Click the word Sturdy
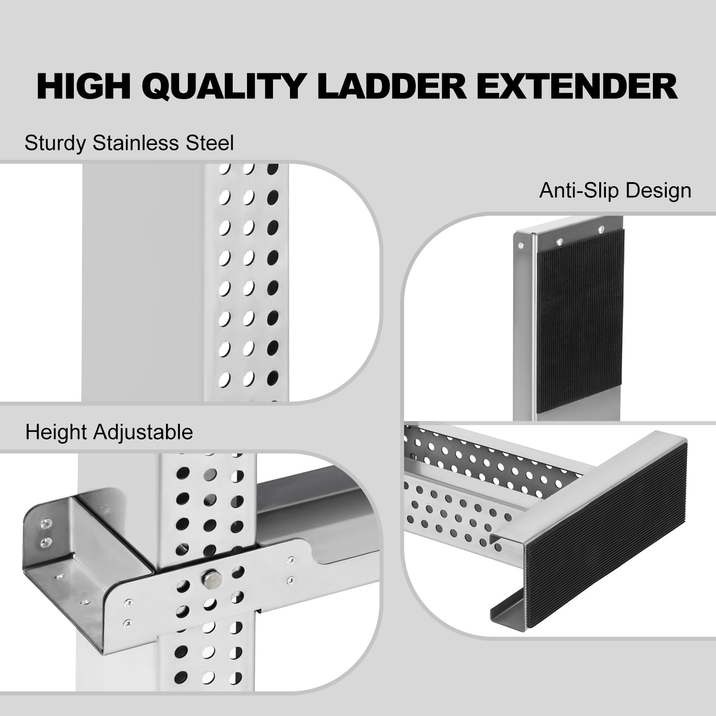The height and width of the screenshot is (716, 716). (55, 144)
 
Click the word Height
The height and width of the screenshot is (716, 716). (56, 432)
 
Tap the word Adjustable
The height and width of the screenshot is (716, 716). (143, 432)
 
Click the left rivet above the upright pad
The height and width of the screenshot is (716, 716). (559, 242)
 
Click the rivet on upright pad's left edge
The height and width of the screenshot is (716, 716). (520, 245)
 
